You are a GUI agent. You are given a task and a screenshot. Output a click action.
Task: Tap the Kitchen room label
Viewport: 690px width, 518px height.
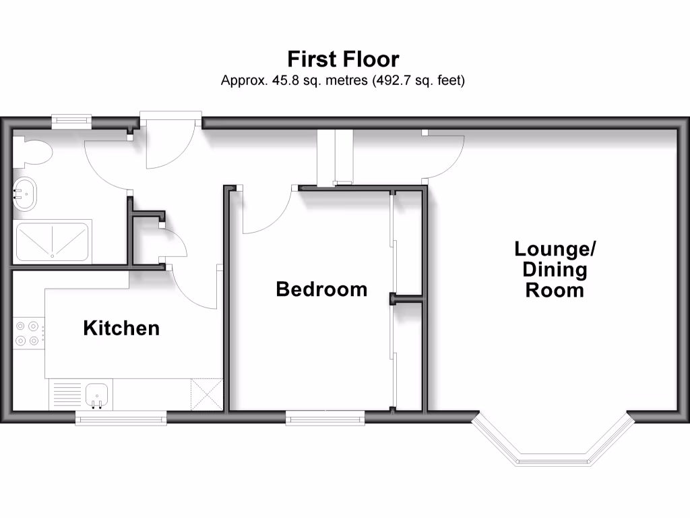(121, 328)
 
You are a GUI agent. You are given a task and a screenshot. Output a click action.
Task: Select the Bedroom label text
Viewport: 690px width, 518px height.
(321, 289)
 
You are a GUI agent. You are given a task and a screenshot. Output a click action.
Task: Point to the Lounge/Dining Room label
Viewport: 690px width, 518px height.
(555, 270)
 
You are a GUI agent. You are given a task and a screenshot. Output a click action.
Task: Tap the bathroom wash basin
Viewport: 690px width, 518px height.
(25, 194)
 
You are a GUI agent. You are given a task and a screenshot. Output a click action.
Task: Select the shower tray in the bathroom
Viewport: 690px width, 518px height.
(52, 241)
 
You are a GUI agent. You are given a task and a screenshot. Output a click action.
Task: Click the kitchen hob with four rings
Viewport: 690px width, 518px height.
(28, 334)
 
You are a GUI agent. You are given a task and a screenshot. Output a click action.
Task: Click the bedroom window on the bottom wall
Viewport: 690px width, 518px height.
(325, 419)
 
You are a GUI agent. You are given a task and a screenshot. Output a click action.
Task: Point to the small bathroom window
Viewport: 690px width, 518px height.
(71, 121)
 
